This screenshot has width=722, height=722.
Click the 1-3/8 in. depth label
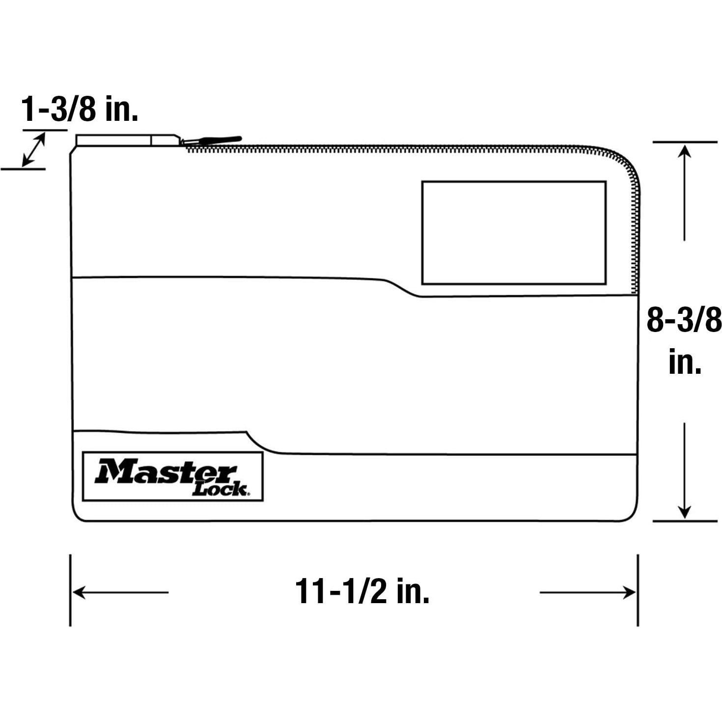point(80,109)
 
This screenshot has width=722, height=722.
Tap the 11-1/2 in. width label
point(362,592)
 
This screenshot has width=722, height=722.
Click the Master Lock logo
point(173,476)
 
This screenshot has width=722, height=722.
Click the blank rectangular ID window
point(514,233)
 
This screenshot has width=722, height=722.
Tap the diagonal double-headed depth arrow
point(34,149)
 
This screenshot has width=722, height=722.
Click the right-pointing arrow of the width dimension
point(587,592)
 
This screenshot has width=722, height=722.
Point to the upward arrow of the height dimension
point(684,193)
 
